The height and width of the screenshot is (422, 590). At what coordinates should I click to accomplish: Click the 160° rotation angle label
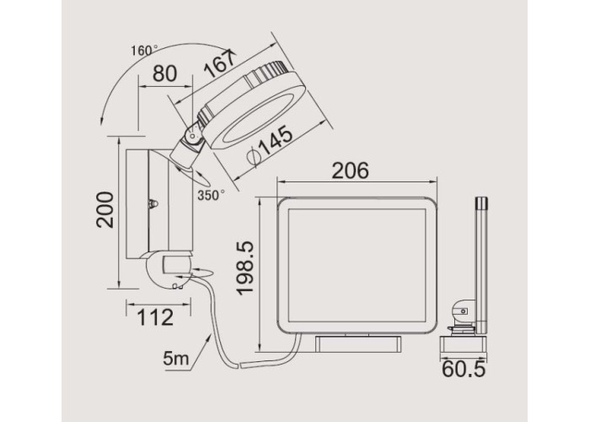(144, 51)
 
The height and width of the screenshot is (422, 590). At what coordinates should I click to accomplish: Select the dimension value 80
(164, 73)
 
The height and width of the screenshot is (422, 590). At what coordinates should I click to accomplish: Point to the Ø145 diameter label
(270, 146)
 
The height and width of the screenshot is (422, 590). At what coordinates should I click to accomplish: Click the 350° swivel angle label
(211, 195)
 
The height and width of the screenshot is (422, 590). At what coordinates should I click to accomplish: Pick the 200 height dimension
(105, 209)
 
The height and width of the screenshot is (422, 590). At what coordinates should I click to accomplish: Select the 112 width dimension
(155, 317)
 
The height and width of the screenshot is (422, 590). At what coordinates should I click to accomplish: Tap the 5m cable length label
(175, 358)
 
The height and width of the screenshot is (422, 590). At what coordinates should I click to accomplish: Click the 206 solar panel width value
(351, 170)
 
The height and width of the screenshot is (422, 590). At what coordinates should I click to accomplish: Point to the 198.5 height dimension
(245, 268)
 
